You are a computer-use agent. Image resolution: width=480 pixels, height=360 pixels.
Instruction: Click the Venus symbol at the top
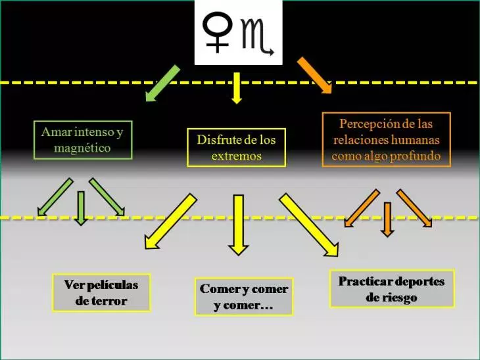(217, 32)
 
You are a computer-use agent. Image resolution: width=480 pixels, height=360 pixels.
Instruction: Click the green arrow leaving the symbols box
(162, 83)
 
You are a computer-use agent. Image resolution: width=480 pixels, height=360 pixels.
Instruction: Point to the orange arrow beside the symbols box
(314, 75)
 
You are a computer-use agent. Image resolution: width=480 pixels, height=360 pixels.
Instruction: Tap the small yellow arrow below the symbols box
(237, 88)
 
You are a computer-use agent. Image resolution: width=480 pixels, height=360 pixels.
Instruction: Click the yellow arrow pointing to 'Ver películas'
(170, 221)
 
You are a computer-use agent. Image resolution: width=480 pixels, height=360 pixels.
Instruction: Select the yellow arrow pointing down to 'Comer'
(239, 225)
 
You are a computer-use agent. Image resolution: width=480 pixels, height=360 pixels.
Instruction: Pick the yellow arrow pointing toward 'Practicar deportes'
(309, 225)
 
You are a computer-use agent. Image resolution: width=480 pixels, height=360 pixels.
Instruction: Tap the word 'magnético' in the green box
(82, 148)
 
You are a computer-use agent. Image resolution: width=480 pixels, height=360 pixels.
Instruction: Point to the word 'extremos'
(237, 156)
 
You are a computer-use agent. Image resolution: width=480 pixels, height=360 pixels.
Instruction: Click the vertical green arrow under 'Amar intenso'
(81, 209)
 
